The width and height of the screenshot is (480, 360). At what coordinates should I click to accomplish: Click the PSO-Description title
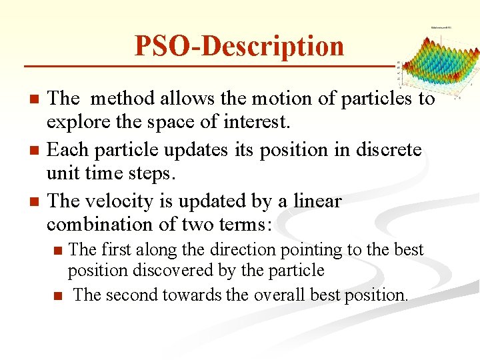pos(239,46)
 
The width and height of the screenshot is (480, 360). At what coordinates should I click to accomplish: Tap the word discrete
pos(387,150)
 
